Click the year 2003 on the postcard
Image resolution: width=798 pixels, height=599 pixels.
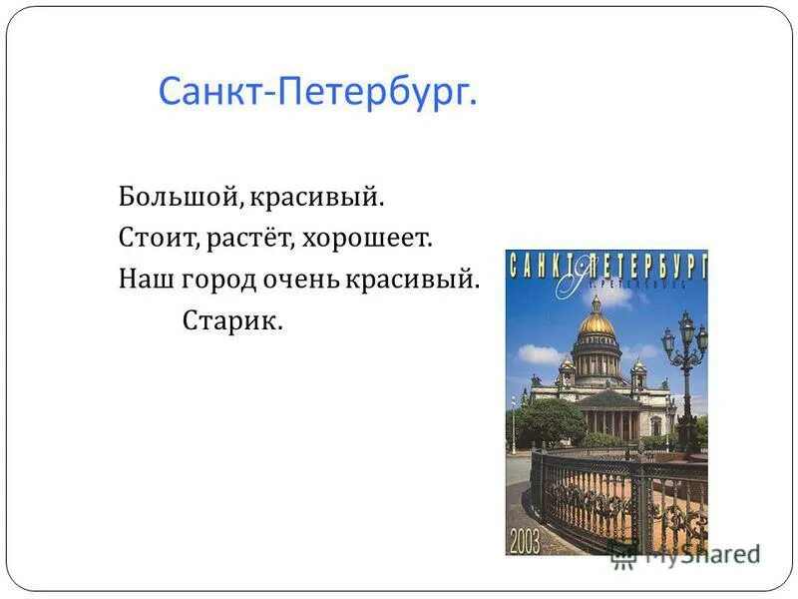point(525,542)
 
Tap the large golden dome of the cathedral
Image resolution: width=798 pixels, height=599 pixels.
point(597,321)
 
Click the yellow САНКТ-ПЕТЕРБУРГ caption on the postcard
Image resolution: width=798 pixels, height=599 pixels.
point(606,266)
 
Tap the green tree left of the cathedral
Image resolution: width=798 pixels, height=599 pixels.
point(549,419)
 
